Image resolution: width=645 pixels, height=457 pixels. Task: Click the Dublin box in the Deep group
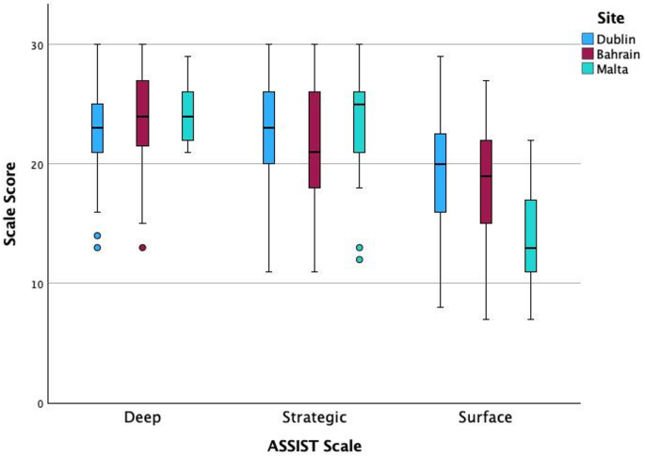(97, 127)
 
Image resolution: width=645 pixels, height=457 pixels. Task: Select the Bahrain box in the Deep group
(142, 112)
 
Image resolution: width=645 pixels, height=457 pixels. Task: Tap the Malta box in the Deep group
(187, 116)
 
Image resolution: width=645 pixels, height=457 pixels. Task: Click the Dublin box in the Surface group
(440, 172)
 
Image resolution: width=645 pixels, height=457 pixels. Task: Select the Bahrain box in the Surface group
(485, 182)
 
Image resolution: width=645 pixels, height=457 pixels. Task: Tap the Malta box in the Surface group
(530, 236)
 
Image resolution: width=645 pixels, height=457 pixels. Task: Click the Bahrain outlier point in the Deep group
(142, 248)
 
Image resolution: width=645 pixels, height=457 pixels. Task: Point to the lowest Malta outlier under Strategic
(359, 259)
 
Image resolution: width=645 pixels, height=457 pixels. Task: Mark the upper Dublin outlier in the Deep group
(97, 236)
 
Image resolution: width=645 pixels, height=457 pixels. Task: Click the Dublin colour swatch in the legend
(588, 39)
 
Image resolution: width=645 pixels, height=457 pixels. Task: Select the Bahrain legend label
(620, 53)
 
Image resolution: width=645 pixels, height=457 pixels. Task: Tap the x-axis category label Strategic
(314, 416)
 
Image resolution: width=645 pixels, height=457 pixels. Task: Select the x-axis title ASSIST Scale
(314, 444)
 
